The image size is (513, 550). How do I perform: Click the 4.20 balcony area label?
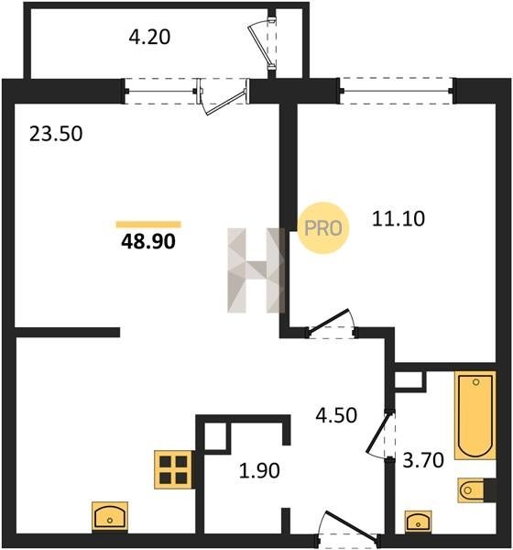point(149,38)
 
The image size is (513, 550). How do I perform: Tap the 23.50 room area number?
point(56,134)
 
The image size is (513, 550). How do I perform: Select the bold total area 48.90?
point(148,242)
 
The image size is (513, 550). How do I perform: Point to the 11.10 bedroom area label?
point(398,218)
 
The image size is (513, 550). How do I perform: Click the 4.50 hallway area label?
point(336,415)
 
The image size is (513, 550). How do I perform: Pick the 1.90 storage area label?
point(259,471)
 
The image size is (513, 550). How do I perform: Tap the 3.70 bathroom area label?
point(423,460)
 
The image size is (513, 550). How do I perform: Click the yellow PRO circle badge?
point(323,228)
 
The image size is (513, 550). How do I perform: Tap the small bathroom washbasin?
point(419,522)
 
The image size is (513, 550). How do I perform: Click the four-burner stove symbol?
point(174,469)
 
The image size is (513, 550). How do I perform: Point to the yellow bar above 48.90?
point(148,225)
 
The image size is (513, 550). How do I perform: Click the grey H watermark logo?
point(256,270)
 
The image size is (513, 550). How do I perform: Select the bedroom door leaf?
point(329,320)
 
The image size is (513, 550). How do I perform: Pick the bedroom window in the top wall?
point(397,91)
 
